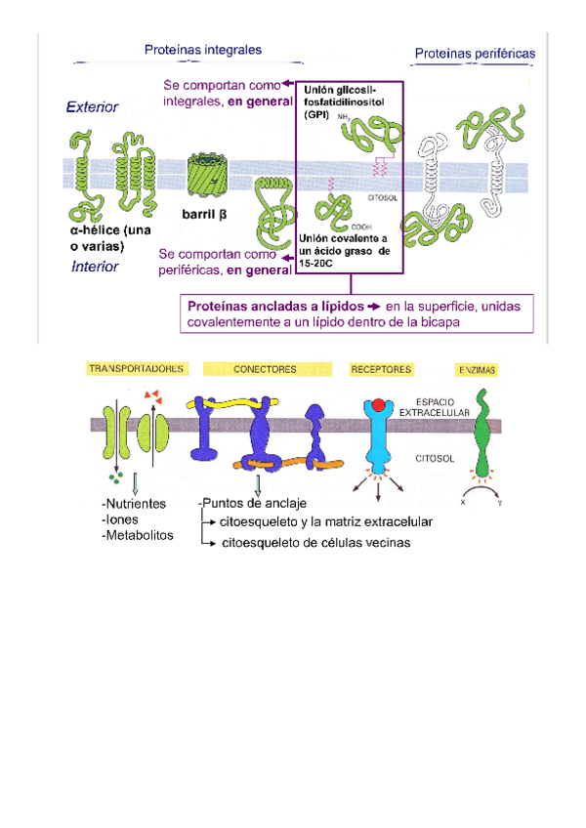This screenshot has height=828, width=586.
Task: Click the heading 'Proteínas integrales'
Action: [202, 48]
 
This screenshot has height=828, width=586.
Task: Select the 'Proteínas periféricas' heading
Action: [475, 53]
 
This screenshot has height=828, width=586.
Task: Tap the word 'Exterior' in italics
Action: [93, 107]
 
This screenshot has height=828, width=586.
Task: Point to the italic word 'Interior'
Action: [95, 267]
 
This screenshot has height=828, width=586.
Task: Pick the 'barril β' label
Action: [203, 212]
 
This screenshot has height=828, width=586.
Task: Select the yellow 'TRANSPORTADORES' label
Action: [136, 369]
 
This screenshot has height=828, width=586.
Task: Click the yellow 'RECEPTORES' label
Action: [381, 369]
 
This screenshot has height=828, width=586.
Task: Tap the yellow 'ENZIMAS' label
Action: [476, 370]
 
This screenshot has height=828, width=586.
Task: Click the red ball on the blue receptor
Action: [378, 404]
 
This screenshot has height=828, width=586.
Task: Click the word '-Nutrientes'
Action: [133, 504]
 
